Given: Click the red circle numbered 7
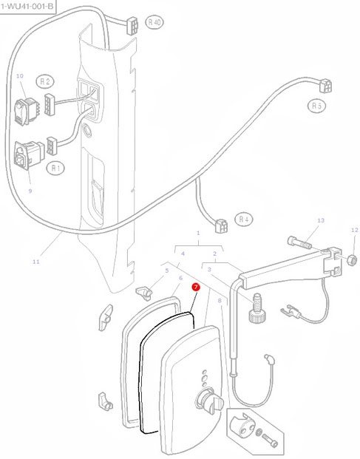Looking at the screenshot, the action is point(195,288).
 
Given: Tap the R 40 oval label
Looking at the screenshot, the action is point(154,22).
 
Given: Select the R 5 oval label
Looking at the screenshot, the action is point(316,106).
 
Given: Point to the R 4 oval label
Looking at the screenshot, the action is point(243,219).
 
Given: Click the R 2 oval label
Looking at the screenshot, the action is point(45,81).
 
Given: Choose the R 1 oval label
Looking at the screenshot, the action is point(55,168).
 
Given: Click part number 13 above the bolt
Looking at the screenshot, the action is point(321,220).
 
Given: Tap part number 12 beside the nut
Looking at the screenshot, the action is point(354,230).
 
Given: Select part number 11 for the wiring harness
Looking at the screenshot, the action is point(35,262).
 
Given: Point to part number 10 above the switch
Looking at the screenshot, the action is point(20,76).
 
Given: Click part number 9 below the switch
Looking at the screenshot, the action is point(30,191).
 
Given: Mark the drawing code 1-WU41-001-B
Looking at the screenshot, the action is point(27,6).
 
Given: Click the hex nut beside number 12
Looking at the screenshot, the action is point(352,259).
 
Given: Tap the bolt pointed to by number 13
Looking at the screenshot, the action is point(299,242).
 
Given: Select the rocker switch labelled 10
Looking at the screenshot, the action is point(27,111).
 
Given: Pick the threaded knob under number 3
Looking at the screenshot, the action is point(256,307).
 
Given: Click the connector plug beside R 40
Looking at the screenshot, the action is point(132,26).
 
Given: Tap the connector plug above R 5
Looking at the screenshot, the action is point(325,86).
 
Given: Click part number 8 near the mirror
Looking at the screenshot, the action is point(220,301).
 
